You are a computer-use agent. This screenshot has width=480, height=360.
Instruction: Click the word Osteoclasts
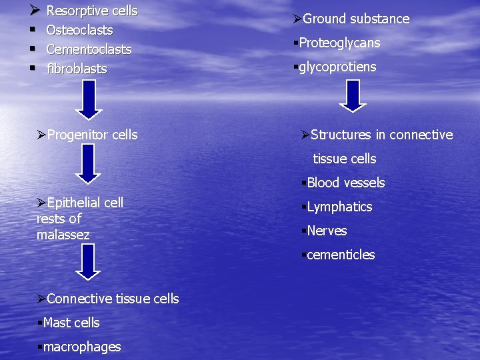tap(79, 30)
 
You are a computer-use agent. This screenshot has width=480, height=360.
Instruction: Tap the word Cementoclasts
tap(89, 49)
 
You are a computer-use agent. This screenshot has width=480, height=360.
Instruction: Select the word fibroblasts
tap(77, 69)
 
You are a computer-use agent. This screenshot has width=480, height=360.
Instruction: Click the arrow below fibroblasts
tap(87, 99)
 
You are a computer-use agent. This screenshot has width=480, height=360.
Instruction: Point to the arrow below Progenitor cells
tap(87, 165)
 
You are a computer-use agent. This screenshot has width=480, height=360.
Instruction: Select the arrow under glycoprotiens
tap(353, 95)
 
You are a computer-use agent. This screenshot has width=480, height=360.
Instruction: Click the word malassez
tap(63, 235)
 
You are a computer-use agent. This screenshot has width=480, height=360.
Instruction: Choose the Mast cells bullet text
tap(71, 323)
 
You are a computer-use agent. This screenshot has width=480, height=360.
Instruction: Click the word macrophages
tap(81, 347)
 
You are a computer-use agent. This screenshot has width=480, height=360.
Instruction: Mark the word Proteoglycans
tap(339, 43)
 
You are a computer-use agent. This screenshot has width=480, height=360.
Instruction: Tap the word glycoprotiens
tap(337, 67)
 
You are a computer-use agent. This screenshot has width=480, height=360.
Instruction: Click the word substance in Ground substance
tap(377, 19)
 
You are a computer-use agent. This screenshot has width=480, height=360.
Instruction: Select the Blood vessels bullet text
tap(345, 183)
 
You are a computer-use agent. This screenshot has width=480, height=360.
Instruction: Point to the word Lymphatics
tap(339, 207)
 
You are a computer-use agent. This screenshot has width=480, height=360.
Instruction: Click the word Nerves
tap(327, 231)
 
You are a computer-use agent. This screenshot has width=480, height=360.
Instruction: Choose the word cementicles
tap(341, 255)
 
